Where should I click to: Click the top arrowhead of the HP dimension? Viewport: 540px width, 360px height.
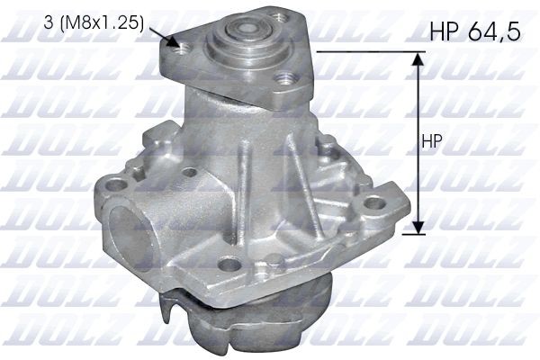click(417, 59)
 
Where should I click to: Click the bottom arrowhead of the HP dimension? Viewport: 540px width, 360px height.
click(417, 228)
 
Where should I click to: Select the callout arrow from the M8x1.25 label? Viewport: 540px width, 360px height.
click(162, 37)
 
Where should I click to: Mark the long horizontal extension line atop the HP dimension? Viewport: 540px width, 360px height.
click(369, 52)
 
